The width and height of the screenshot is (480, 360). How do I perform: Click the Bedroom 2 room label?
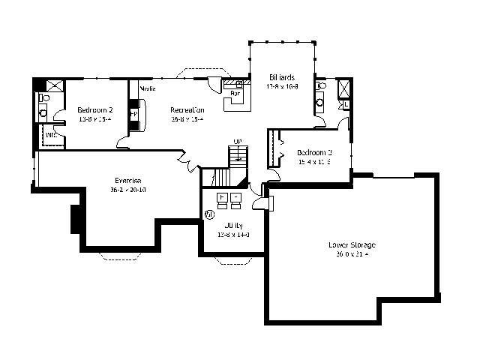(x=94, y=109)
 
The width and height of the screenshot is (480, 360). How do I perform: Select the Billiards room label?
(x=281, y=77)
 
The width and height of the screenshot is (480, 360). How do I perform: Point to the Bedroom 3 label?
(x=313, y=152)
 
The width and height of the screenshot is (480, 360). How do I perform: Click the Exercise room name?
(x=128, y=180)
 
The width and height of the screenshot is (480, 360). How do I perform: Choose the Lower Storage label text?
(x=351, y=244)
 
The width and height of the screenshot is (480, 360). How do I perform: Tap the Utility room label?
(x=232, y=225)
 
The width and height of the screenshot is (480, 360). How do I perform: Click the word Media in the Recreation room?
(x=147, y=88)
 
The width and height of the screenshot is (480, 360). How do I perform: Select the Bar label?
(x=234, y=94)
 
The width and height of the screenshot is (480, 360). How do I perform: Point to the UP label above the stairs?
(x=237, y=141)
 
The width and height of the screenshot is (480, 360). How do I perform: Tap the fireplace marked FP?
(x=135, y=115)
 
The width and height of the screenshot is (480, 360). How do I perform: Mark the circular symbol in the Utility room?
(x=210, y=214)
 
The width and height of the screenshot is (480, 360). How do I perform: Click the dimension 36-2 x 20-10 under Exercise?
(x=128, y=190)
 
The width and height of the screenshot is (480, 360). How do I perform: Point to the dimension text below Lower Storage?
(x=351, y=254)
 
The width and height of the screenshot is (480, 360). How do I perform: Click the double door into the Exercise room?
(x=185, y=158)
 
